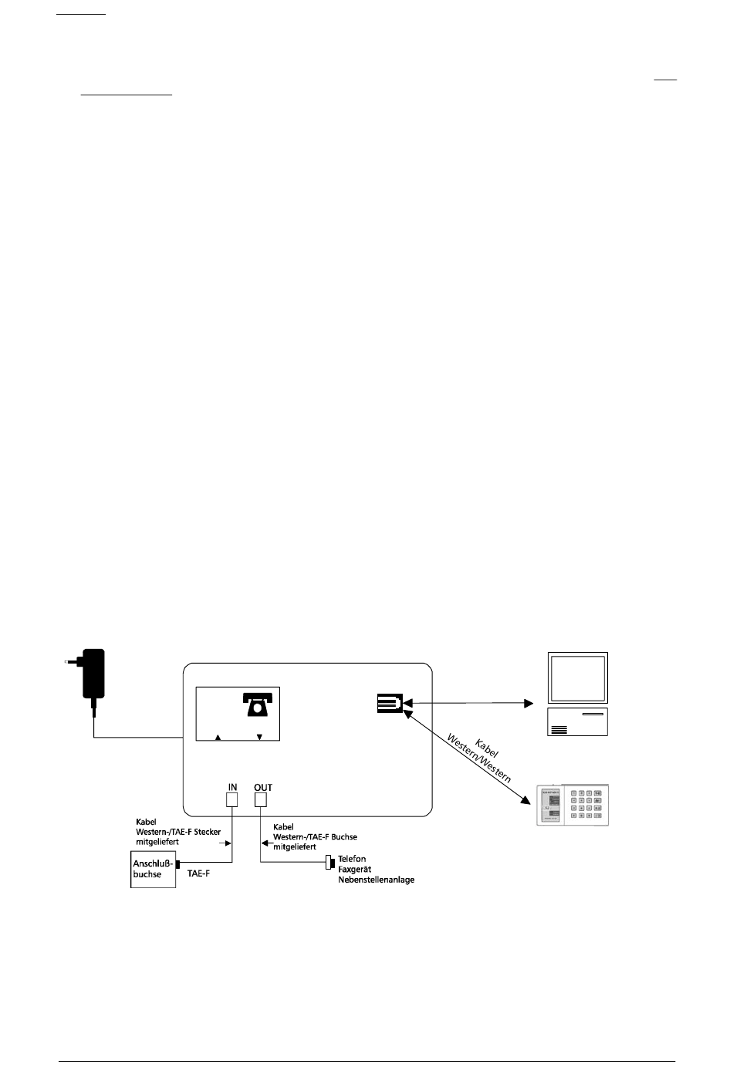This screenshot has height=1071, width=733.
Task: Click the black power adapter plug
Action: click(x=93, y=673)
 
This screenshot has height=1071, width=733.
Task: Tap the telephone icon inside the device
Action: click(x=258, y=704)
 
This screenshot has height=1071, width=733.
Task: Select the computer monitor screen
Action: click(x=578, y=677)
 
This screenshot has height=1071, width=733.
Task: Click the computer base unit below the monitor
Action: click(x=578, y=721)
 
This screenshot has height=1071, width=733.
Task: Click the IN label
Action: click(x=232, y=787)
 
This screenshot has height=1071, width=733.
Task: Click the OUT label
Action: click(x=263, y=787)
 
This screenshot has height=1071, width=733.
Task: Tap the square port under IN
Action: click(x=232, y=799)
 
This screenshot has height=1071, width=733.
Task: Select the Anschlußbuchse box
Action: click(x=153, y=869)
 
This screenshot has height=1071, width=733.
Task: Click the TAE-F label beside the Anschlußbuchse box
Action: click(x=200, y=876)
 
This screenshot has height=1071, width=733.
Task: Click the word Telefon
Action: click(x=352, y=858)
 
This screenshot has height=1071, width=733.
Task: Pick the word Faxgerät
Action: click(x=355, y=869)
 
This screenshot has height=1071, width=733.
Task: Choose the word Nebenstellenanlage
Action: click(x=376, y=880)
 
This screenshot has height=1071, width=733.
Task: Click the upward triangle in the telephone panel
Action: click(x=218, y=738)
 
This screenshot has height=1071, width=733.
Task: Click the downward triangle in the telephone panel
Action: click(x=259, y=738)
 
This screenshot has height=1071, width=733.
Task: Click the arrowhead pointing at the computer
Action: click(x=529, y=704)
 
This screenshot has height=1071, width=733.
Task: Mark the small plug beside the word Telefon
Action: click(x=329, y=862)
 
